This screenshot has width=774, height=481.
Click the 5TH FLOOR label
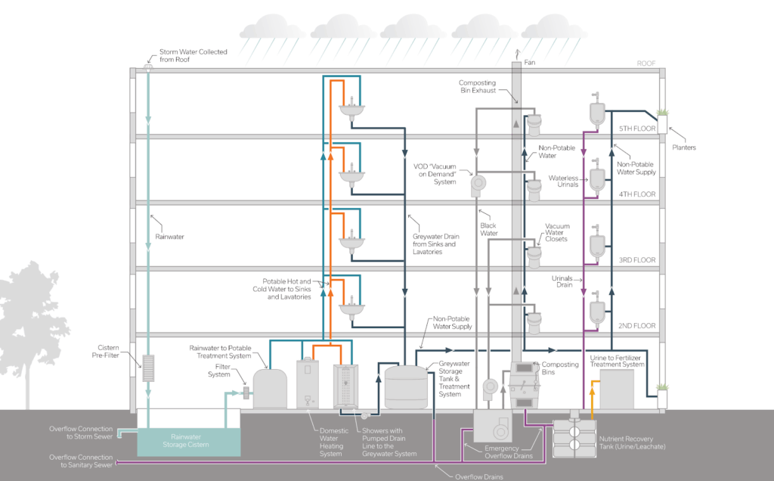pyautogui.click(x=637, y=128)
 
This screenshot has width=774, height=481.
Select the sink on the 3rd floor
pyautogui.click(x=350, y=244)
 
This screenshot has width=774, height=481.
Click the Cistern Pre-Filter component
pyautogui.click(x=148, y=368)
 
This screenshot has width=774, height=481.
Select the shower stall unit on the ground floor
pyautogui.click(x=348, y=386)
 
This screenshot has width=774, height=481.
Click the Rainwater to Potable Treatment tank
pyautogui.click(x=270, y=389)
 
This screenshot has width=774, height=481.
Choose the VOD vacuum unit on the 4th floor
pyautogui.click(x=478, y=182)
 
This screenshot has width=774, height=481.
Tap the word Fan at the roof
pyautogui.click(x=529, y=63)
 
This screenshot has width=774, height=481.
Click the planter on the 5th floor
pyautogui.click(x=663, y=122)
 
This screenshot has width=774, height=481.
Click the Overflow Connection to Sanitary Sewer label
pyautogui.click(x=81, y=461)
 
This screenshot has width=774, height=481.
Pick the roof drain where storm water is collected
pyautogui.click(x=148, y=68)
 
